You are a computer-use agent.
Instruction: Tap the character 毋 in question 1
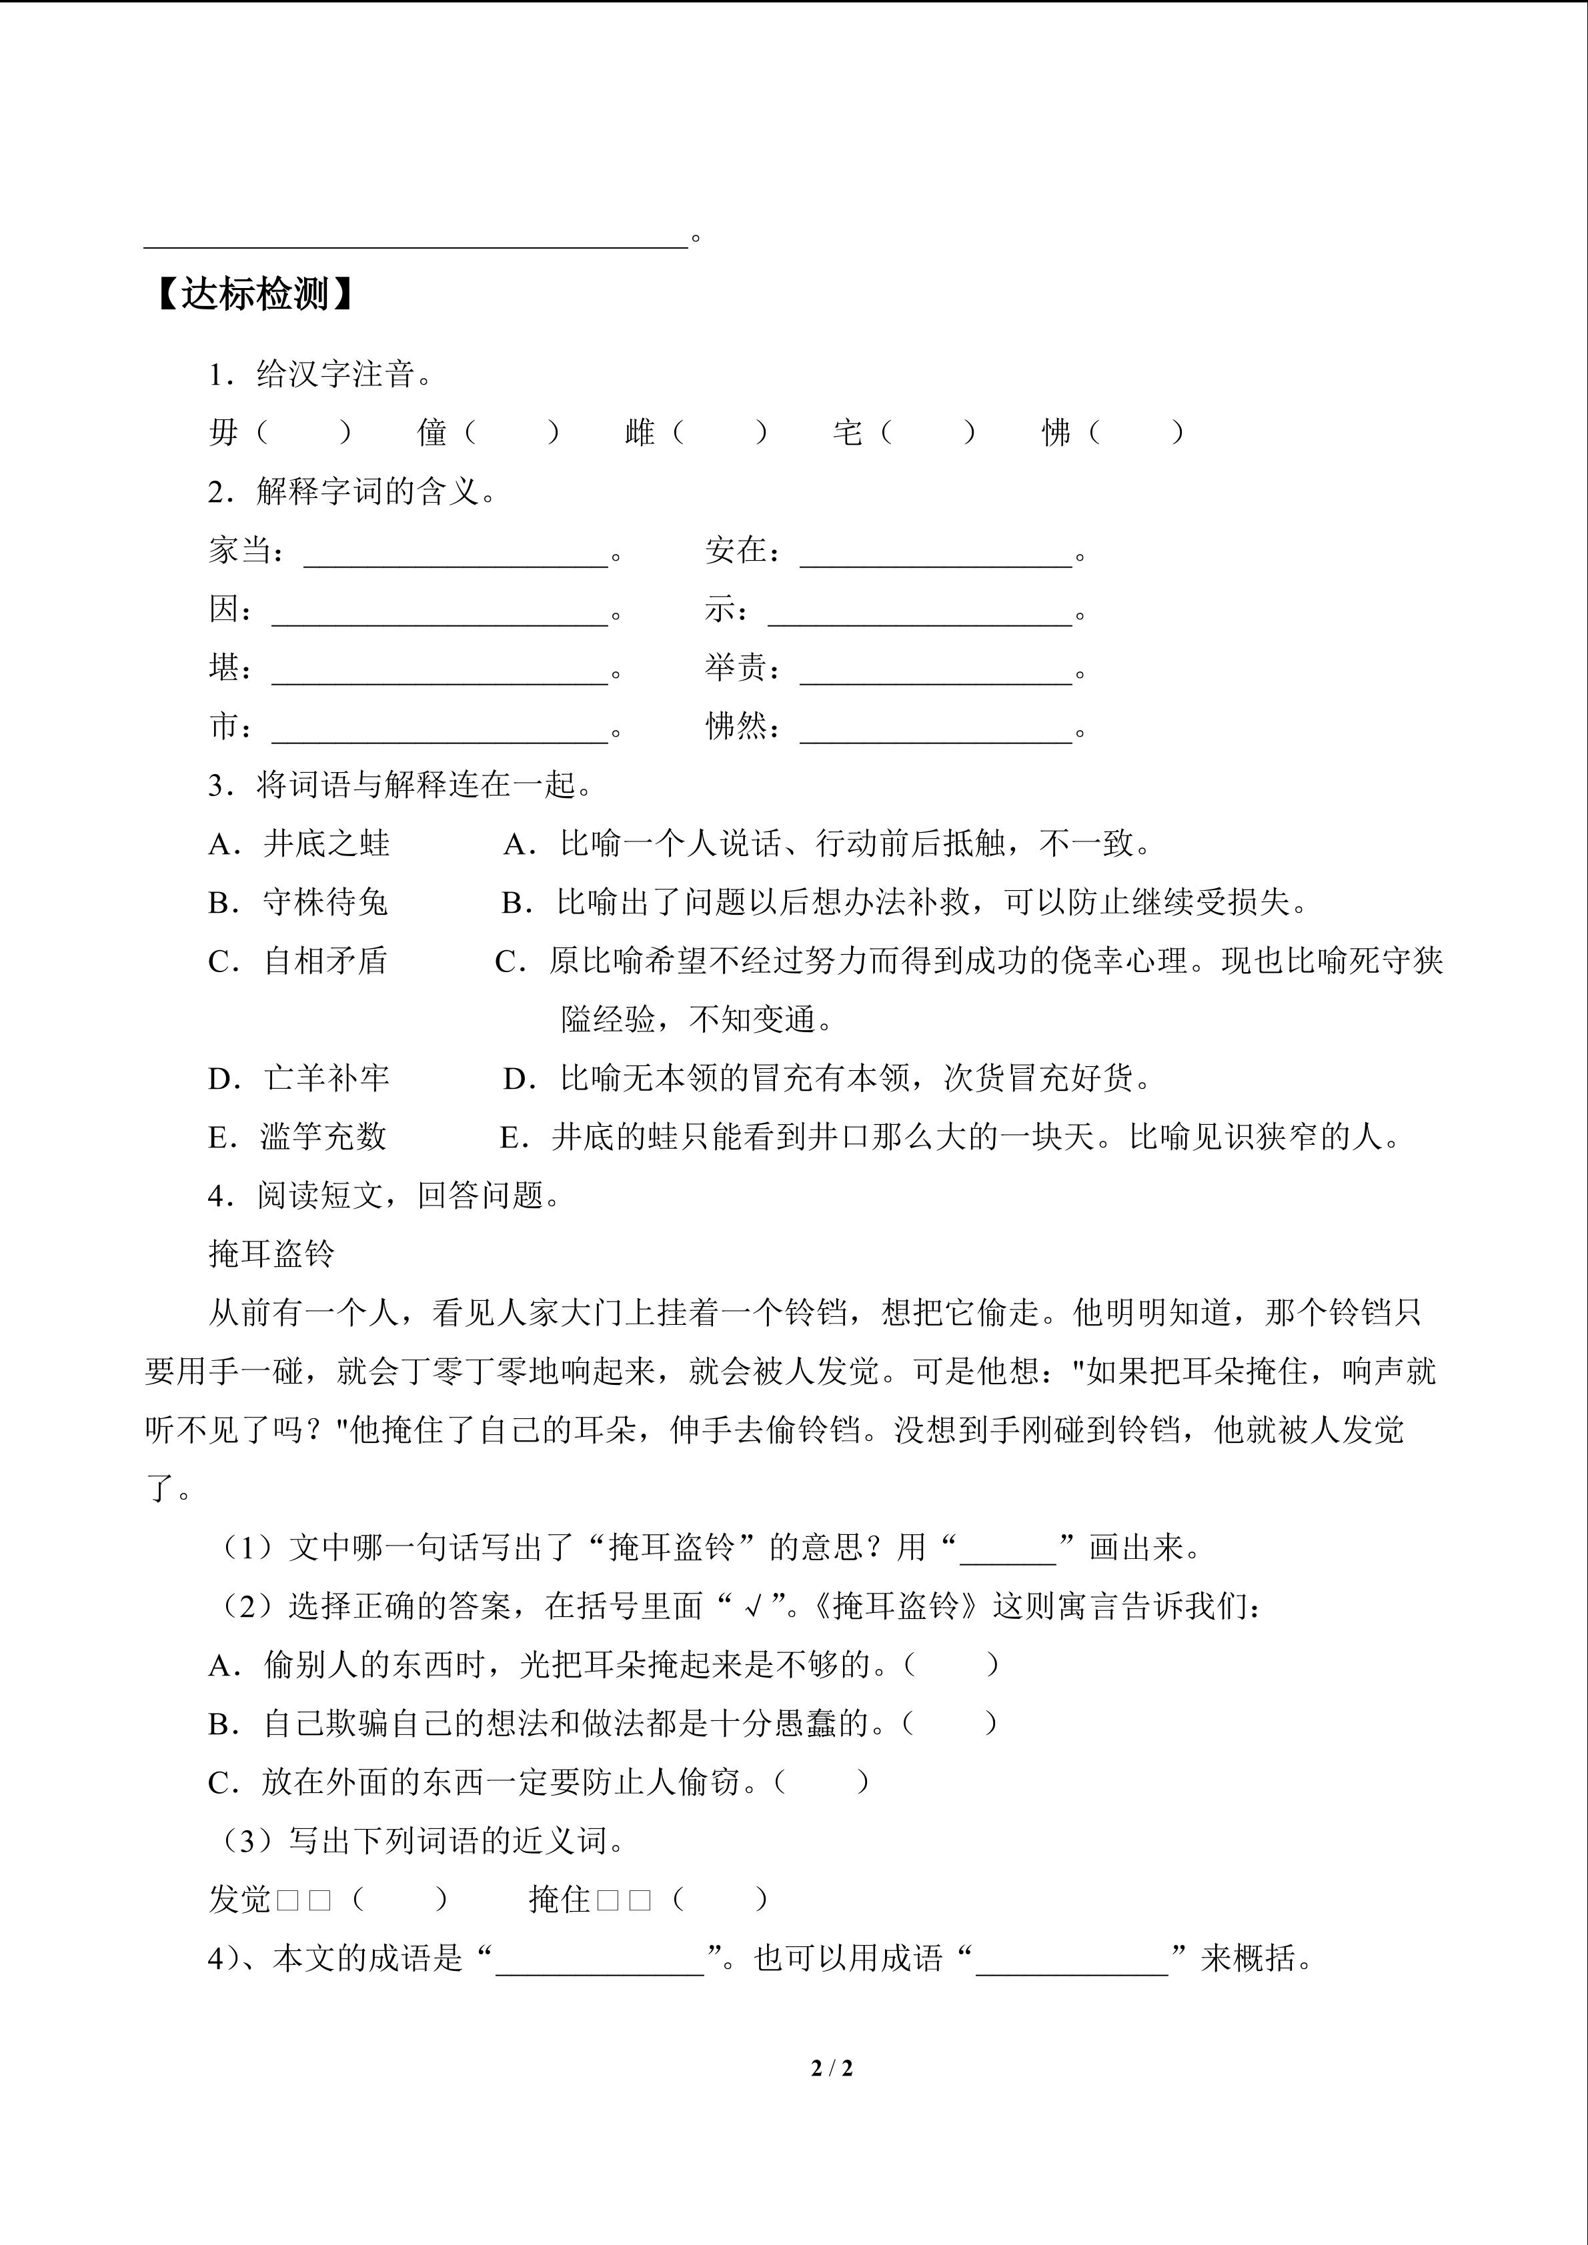tap(224, 431)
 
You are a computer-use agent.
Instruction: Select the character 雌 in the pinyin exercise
tap(640, 431)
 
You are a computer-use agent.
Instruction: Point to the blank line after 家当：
tap(456, 554)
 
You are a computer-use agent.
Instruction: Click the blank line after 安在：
tap(936, 554)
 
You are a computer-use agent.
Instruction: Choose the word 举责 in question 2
tap(736, 668)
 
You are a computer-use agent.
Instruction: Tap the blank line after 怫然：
tap(936, 730)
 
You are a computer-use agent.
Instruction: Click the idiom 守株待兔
tap(325, 901)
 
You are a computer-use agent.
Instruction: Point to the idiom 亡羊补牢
tap(325, 1079)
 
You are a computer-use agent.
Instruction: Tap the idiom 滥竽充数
tap(323, 1137)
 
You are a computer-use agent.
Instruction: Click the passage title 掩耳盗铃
tap(272, 1254)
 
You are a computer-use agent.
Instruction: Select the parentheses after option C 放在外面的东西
tap(822, 1782)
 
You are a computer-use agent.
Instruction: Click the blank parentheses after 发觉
tap(400, 1900)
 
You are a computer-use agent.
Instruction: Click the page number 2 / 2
tap(832, 2069)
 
